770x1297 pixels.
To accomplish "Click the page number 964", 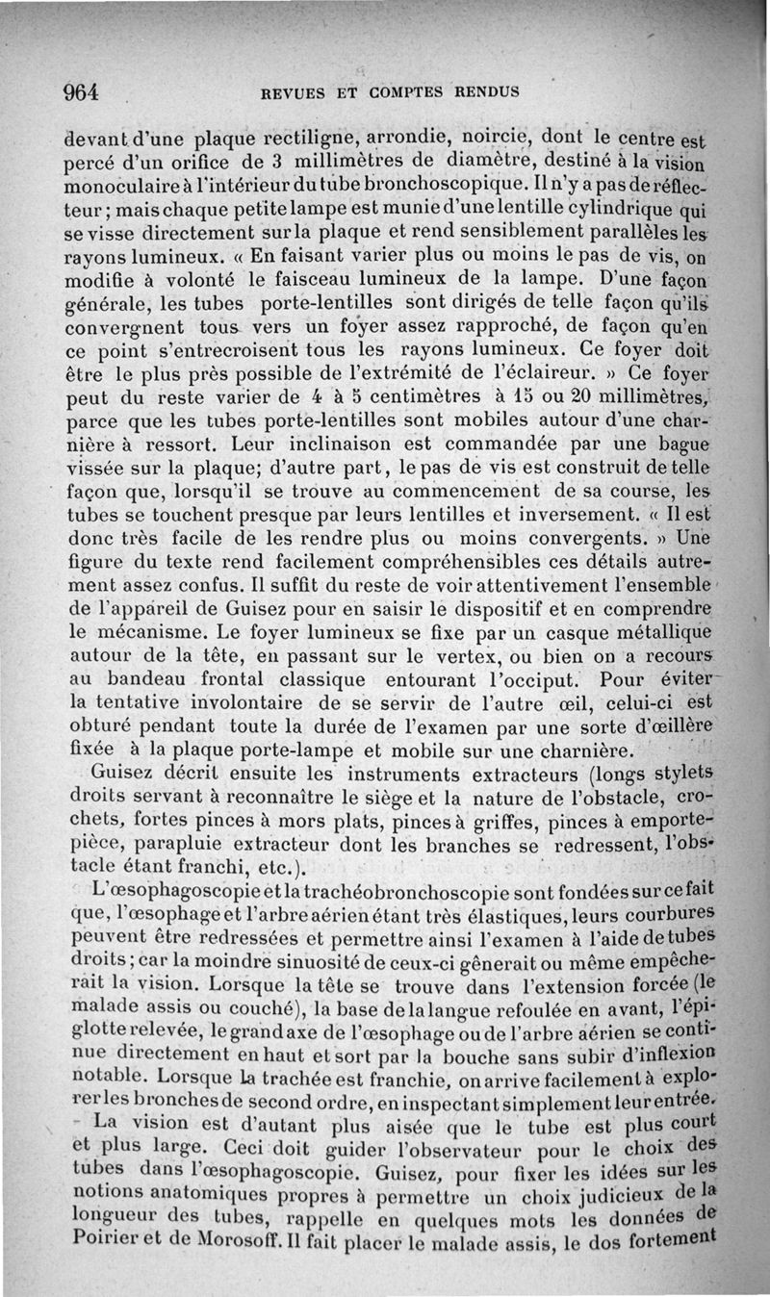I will coord(82,92).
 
